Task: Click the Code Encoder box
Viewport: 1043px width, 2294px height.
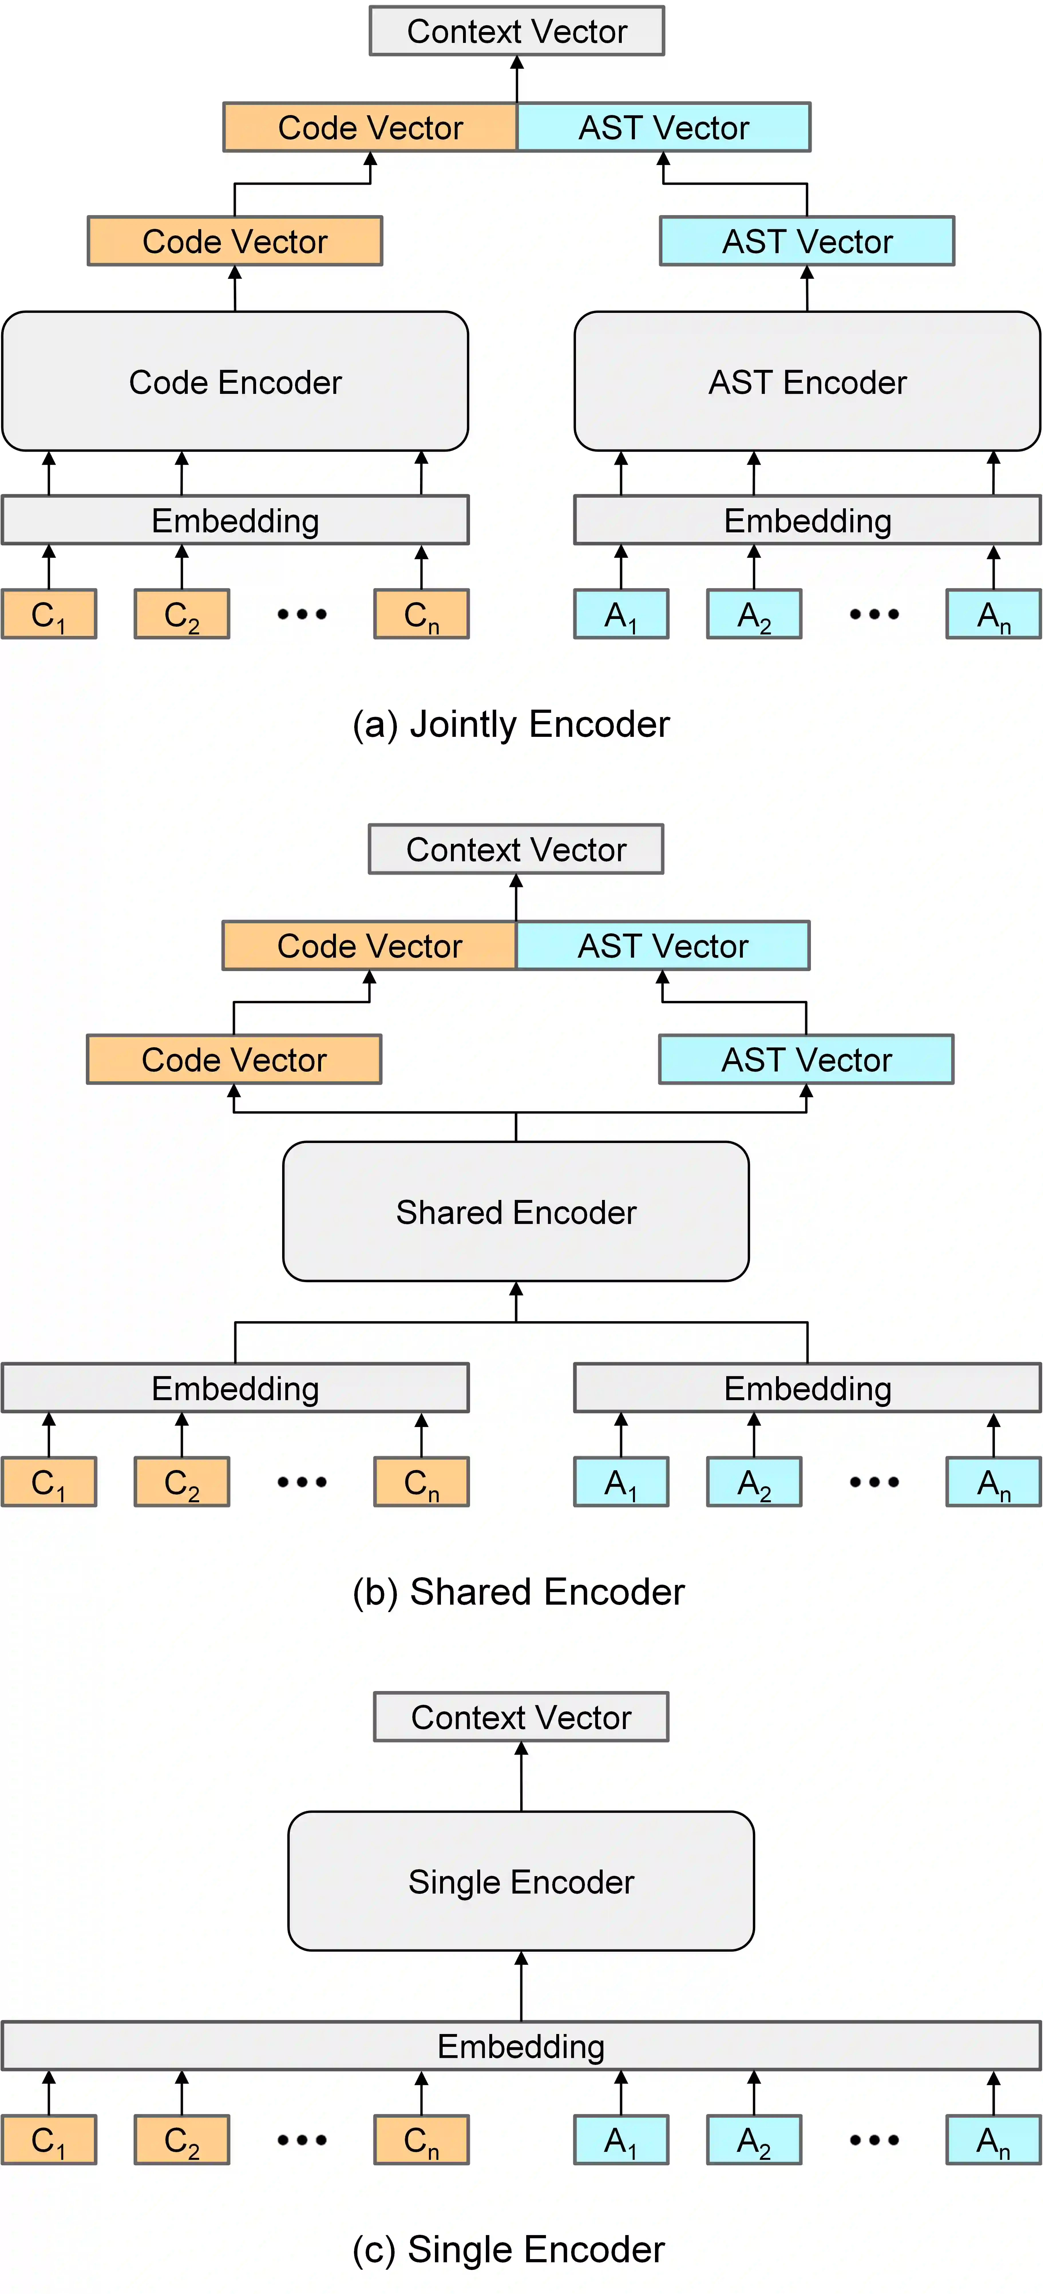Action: (235, 381)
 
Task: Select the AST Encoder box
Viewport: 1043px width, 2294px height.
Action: (807, 381)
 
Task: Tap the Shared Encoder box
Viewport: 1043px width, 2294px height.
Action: (516, 1211)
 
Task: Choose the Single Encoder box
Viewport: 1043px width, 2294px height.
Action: (521, 1881)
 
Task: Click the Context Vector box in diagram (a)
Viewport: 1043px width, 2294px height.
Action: (516, 31)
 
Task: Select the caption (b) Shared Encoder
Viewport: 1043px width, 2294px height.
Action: (518, 1591)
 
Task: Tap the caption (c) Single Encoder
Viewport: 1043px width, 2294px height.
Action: (508, 2249)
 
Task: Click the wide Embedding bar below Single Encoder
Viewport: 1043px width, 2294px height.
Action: (521, 2045)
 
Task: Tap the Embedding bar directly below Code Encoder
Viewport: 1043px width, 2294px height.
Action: (235, 520)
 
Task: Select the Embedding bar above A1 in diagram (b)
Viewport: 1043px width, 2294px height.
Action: (807, 1388)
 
